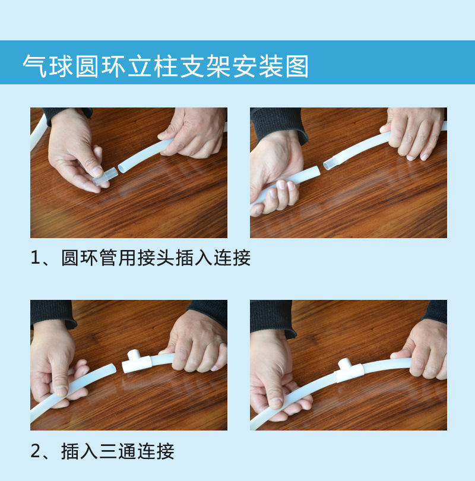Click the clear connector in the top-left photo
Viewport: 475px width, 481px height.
[x=105, y=177]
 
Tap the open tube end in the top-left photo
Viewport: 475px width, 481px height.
[x=122, y=168]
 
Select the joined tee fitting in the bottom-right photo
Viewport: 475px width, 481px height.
[x=349, y=371]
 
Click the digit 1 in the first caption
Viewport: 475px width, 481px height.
[x=35, y=258]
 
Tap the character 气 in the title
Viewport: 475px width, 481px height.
[x=34, y=66]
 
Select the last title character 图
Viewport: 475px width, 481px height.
[x=297, y=66]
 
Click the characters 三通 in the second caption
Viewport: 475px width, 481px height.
[x=118, y=451]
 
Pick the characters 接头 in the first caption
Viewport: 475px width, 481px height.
[x=156, y=258]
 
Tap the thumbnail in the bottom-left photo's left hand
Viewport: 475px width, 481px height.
[x=62, y=391]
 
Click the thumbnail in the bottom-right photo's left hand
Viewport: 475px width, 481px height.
[x=276, y=402]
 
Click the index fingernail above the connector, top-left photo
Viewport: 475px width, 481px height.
[x=97, y=171]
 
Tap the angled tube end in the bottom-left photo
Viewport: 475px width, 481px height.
[x=113, y=368]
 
